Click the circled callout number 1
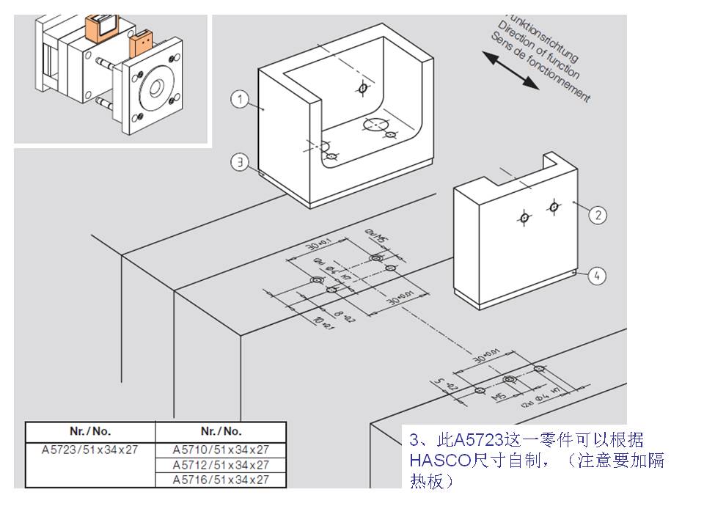[x=240, y=98]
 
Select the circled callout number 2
[x=598, y=214]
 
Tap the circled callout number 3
[x=240, y=162]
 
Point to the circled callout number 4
[x=598, y=276]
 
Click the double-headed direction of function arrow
[x=510, y=70]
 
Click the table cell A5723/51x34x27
[x=91, y=450]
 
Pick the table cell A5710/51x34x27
[x=221, y=450]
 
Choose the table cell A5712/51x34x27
[x=221, y=465]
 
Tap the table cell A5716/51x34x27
[x=221, y=480]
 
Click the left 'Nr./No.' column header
[x=91, y=431]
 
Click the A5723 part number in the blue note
[x=478, y=440]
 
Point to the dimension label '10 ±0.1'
[x=320, y=323]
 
